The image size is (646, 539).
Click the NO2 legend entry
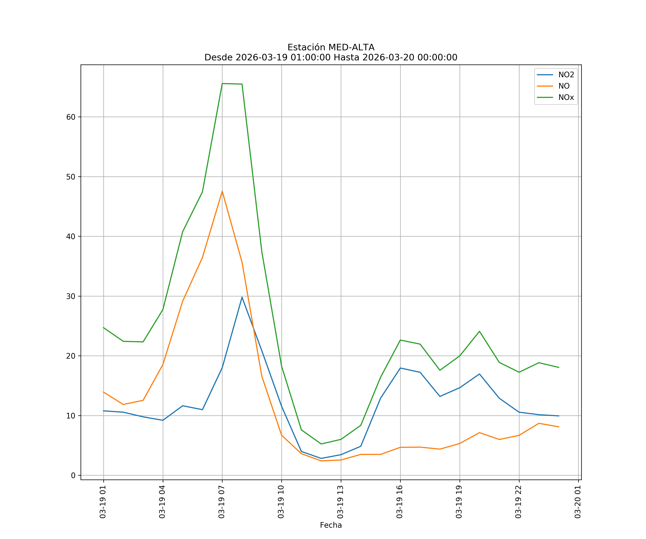[566, 75]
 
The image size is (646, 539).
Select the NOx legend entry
[566, 98]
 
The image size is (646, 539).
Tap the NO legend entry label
[564, 86]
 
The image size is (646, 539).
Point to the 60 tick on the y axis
[71, 117]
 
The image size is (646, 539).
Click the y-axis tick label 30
[71, 296]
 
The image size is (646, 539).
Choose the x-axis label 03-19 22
[519, 502]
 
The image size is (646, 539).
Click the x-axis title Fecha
[331, 525]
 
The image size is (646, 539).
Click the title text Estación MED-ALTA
[331, 47]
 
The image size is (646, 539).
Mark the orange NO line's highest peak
[222, 191]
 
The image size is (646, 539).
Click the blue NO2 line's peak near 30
[242, 297]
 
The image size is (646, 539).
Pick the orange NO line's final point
[559, 427]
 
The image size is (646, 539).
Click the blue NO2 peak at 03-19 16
[400, 368]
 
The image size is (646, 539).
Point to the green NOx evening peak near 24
[479, 331]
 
